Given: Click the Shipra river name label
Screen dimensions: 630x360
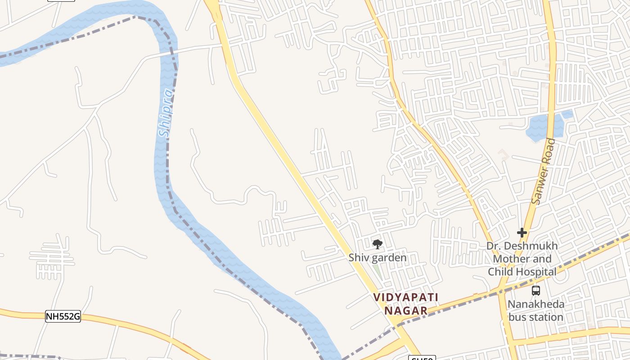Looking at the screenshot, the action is click(166, 113).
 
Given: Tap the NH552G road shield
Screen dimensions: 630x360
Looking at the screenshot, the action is click(63, 317).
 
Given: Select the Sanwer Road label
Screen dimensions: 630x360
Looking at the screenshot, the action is click(543, 171).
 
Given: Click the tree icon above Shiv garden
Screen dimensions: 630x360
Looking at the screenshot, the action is click(378, 244).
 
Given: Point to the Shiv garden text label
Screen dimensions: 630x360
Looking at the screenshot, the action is click(378, 258).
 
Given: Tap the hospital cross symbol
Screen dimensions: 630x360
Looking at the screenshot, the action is click(522, 233).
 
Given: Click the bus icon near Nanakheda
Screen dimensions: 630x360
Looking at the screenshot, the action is click(535, 291).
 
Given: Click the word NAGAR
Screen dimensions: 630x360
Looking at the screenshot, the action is click(406, 310).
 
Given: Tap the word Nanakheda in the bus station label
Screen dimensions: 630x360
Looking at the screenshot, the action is click(535, 304).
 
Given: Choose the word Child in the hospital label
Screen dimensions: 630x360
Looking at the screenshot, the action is click(500, 272).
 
